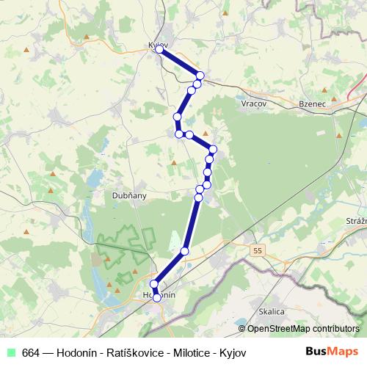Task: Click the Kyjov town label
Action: point(158,45)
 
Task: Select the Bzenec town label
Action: point(312,104)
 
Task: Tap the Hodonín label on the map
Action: point(156,294)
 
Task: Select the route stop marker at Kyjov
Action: point(159,50)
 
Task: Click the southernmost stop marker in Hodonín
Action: point(156,298)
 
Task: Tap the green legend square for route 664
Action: point(10,352)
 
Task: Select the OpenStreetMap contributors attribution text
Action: point(303,329)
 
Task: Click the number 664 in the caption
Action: point(32,352)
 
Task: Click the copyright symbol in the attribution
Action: point(242,329)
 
